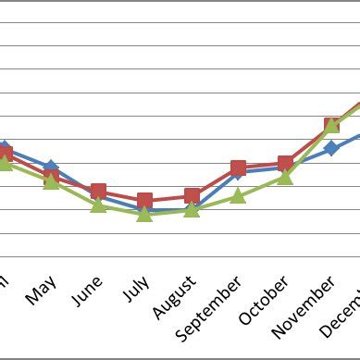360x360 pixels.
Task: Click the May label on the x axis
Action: click(42, 293)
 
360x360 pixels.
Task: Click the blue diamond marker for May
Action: click(51, 168)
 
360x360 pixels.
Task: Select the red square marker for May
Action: click(52, 176)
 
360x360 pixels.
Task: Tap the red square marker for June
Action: click(98, 192)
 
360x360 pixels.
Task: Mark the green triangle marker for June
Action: click(98, 205)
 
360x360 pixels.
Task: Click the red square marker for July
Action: click(144, 200)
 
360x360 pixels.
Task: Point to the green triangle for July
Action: click(144, 213)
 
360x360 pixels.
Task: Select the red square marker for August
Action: click(192, 196)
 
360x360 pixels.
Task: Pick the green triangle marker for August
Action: click(192, 209)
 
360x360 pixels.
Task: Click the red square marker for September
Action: click(239, 168)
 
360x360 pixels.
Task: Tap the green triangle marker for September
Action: click(239, 195)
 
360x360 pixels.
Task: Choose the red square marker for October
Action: click(285, 165)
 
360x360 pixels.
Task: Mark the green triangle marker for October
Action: click(285, 176)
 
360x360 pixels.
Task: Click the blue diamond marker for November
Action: click(331, 148)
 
